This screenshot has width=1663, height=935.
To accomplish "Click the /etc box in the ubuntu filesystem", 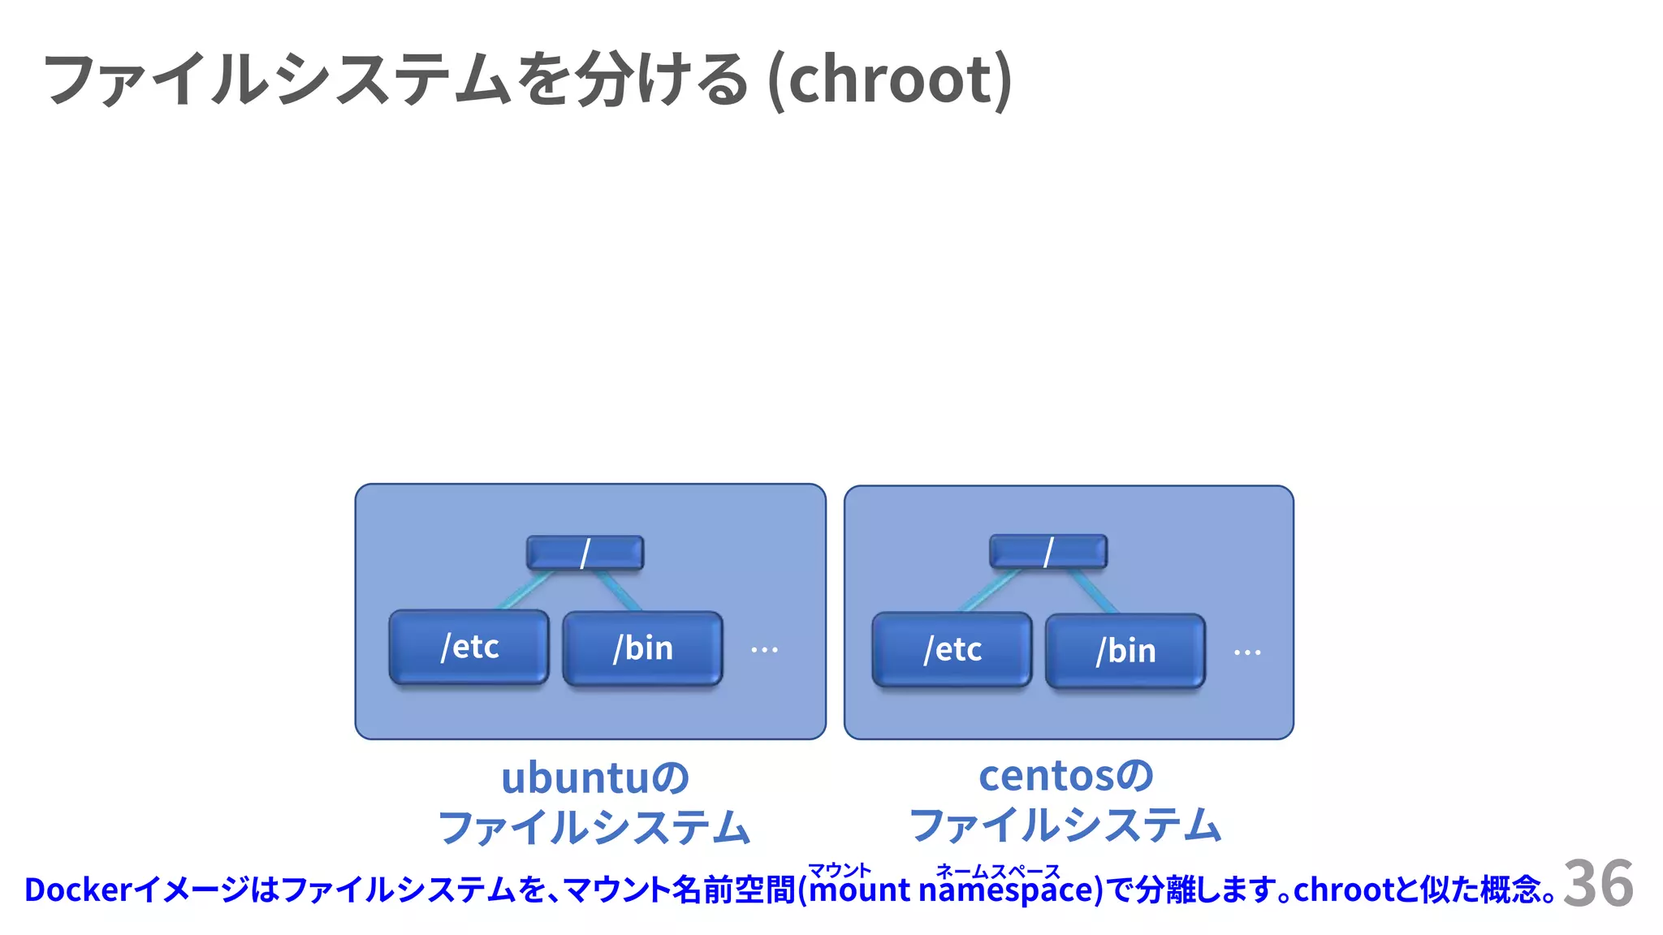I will (x=469, y=647).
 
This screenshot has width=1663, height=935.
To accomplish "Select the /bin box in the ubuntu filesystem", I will (x=642, y=648).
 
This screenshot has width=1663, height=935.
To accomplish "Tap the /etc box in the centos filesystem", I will (x=952, y=649).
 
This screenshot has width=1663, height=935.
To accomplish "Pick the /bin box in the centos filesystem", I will (x=1125, y=651).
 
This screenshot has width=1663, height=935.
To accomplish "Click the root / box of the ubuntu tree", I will (x=585, y=553).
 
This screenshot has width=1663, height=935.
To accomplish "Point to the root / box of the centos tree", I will (x=1047, y=552).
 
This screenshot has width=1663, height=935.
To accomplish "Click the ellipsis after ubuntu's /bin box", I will (x=764, y=650).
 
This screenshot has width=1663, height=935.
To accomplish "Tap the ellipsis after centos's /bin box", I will (x=1247, y=653).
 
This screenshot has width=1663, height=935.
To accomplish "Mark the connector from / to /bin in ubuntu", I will (x=619, y=591).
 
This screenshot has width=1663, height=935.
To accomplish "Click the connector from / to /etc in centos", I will (x=990, y=590).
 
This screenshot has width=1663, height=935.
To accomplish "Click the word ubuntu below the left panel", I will (x=576, y=778).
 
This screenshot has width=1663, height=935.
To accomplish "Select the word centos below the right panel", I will (x=1046, y=775).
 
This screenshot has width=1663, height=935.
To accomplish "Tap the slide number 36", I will (x=1597, y=883).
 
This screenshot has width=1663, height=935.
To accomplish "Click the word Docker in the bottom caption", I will (x=78, y=890).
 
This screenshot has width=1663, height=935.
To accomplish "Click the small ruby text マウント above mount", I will (x=839, y=870).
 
